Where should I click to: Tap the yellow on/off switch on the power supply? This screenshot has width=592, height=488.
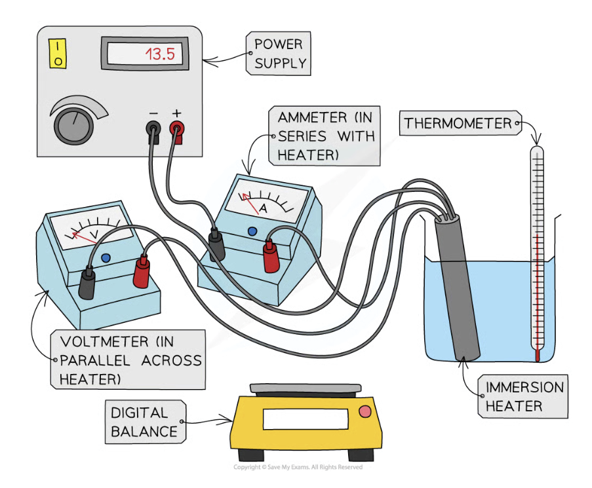[58, 53]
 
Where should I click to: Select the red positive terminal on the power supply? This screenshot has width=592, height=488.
[177, 128]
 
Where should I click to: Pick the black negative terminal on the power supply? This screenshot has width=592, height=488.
[153, 128]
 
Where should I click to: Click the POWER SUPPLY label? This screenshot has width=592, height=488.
[280, 54]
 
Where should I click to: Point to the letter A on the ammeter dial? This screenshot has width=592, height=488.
[262, 208]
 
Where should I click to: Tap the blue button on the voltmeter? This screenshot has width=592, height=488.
[106, 258]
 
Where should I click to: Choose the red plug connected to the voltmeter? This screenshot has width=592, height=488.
[141, 272]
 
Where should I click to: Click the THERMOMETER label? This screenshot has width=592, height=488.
[457, 123]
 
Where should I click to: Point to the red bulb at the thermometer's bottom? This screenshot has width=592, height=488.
[538, 355]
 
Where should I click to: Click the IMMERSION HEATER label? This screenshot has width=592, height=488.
[524, 396]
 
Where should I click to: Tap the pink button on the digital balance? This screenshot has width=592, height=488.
[365, 411]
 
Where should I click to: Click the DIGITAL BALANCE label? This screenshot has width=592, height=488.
[140, 422]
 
